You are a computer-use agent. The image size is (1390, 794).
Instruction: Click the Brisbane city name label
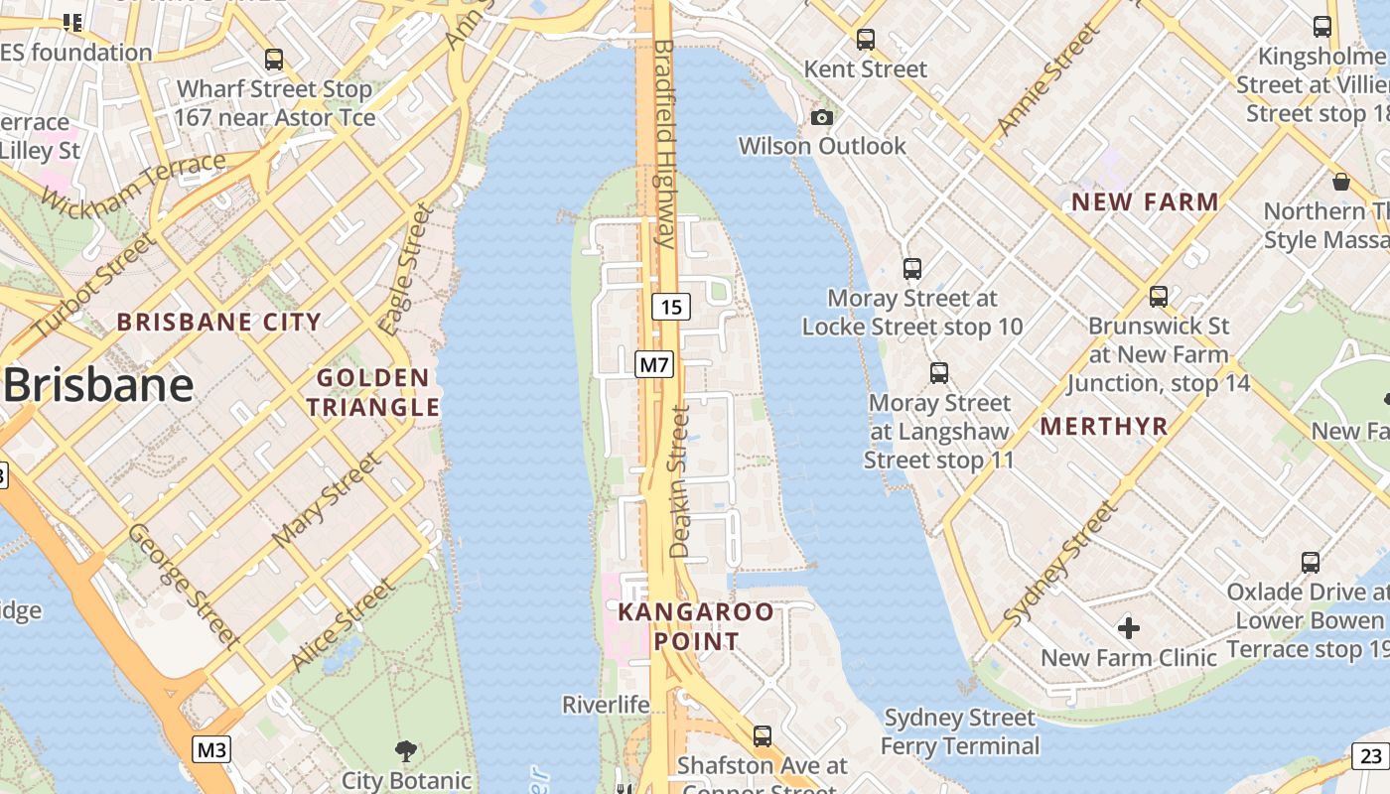point(97,385)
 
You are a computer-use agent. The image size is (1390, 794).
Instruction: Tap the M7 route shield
point(654,364)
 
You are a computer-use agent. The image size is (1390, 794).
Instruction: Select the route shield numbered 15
point(671,307)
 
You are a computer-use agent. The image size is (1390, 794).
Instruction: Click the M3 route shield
point(210,749)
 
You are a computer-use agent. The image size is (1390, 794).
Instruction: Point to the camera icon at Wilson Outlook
point(821,118)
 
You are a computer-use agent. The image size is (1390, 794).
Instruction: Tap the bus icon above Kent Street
point(866,40)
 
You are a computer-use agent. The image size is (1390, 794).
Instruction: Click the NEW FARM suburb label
point(1145,202)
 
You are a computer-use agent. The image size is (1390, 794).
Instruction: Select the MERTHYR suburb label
point(1103,427)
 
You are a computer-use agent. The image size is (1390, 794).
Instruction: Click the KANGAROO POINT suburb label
point(695,626)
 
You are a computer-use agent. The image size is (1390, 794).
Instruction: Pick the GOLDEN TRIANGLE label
point(372,392)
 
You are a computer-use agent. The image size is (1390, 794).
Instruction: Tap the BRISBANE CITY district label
point(219,322)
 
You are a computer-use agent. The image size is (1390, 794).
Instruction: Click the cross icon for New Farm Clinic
point(1128,627)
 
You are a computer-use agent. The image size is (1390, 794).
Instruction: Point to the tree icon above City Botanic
point(405,750)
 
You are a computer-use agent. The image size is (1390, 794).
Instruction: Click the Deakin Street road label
point(680,481)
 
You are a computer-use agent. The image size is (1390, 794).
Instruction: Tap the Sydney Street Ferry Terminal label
point(959,731)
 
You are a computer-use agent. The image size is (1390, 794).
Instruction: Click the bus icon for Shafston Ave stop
point(762,736)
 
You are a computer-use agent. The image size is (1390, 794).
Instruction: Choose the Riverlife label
point(606,705)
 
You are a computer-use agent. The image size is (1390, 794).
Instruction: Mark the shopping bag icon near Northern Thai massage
point(1340,182)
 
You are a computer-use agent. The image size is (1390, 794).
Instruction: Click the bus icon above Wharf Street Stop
point(274,60)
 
